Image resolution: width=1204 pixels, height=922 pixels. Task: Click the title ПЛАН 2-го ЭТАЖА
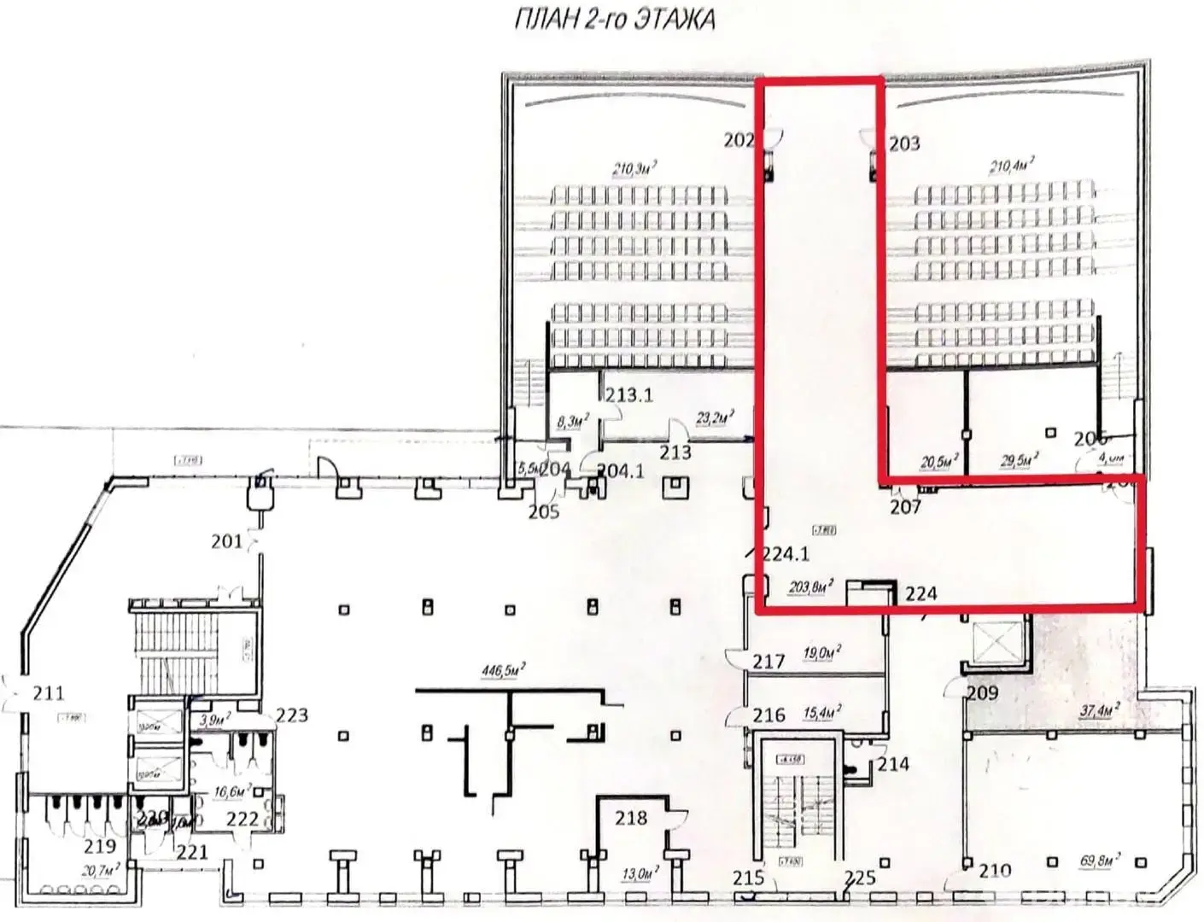click(614, 20)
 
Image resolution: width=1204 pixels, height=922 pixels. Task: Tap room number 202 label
click(739, 140)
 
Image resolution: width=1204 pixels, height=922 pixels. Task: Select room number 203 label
click(904, 143)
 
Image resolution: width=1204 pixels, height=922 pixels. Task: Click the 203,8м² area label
click(809, 586)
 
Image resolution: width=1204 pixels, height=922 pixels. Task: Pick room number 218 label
click(631, 818)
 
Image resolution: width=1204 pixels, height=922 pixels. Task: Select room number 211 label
click(49, 693)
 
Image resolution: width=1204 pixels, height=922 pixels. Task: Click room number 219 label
click(100, 846)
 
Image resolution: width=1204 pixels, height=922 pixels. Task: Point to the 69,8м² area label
click(1100, 860)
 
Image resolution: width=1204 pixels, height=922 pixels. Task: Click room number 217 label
click(769, 662)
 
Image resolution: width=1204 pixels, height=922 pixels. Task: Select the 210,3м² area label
click(634, 168)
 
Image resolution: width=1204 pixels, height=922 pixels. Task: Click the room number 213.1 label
click(629, 394)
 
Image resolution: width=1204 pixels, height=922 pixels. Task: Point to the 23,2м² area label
click(716, 418)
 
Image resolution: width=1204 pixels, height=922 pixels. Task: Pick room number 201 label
click(226, 540)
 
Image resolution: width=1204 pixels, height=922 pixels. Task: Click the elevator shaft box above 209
click(996, 641)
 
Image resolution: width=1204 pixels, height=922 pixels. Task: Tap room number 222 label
click(243, 820)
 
